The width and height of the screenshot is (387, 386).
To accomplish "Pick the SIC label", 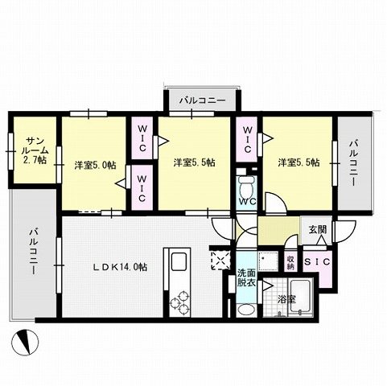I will (317, 261).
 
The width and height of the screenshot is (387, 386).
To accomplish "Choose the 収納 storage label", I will (290, 262).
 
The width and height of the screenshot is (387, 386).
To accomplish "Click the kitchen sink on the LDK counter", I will (178, 262).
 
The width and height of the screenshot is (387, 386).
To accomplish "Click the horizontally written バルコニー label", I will (201, 101).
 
